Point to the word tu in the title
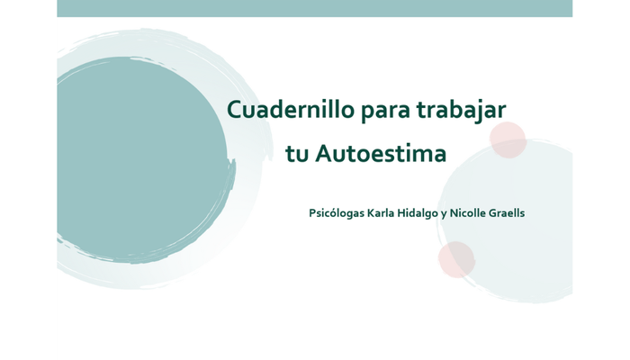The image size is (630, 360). (297, 154)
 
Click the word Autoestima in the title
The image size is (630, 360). (381, 154)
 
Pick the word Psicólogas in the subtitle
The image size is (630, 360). (336, 213)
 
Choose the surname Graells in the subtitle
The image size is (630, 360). (508, 213)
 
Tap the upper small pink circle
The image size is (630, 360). (508, 139)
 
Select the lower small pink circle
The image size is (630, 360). (456, 259)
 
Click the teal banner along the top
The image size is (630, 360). (314, 8)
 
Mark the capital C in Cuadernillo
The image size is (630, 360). (234, 110)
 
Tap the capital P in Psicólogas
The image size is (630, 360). (312, 213)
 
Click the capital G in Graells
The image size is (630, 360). (494, 213)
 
